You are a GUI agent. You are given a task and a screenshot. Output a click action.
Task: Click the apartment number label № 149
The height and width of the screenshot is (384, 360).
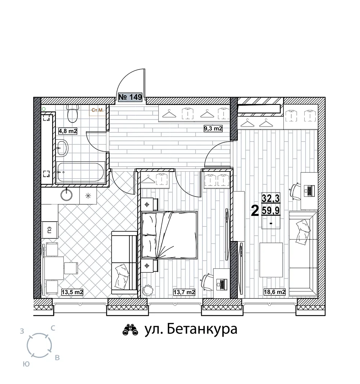[130, 97]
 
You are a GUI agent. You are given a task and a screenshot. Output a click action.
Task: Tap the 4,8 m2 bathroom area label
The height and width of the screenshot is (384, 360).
[68, 131]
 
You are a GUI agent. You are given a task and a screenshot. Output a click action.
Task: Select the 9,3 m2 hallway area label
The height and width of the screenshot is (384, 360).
[213, 128]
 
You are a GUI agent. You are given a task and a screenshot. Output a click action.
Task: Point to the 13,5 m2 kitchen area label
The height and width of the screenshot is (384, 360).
[72, 292]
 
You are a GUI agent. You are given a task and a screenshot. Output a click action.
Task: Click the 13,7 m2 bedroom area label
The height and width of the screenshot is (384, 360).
[184, 292]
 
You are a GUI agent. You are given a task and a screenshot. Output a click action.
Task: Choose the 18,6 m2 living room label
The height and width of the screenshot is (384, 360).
[274, 292]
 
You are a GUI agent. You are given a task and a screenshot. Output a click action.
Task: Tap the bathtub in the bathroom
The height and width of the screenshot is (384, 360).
[81, 172]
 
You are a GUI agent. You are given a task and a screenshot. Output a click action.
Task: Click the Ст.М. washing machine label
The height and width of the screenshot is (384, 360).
[97, 110]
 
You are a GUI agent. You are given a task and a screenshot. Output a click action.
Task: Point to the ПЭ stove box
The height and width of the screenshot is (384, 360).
[50, 230]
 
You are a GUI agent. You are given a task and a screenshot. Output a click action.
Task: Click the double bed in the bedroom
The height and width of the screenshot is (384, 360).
[169, 235]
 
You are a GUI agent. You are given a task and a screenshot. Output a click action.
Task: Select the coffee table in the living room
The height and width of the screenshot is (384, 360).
[271, 260]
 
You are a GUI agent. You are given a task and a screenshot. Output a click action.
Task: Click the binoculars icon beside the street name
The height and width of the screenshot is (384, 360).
[130, 330]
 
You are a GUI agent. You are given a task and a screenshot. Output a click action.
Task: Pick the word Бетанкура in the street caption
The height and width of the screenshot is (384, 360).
[202, 329]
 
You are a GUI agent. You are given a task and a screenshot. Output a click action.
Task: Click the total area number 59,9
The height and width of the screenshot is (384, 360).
[271, 210]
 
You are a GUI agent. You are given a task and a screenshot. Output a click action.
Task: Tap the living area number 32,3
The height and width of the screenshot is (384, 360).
[271, 198]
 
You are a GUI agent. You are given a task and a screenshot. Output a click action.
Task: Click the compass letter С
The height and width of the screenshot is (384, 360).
[53, 328]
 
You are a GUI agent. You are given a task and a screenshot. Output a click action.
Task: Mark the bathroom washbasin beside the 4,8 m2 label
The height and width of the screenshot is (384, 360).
[62, 148]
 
